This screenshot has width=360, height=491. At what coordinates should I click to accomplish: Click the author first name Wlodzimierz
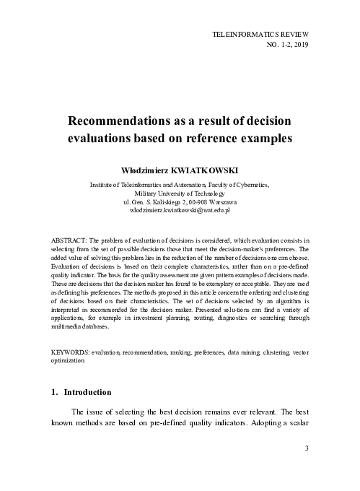point(152,170)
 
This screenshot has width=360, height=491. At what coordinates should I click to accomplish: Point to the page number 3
point(307,448)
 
